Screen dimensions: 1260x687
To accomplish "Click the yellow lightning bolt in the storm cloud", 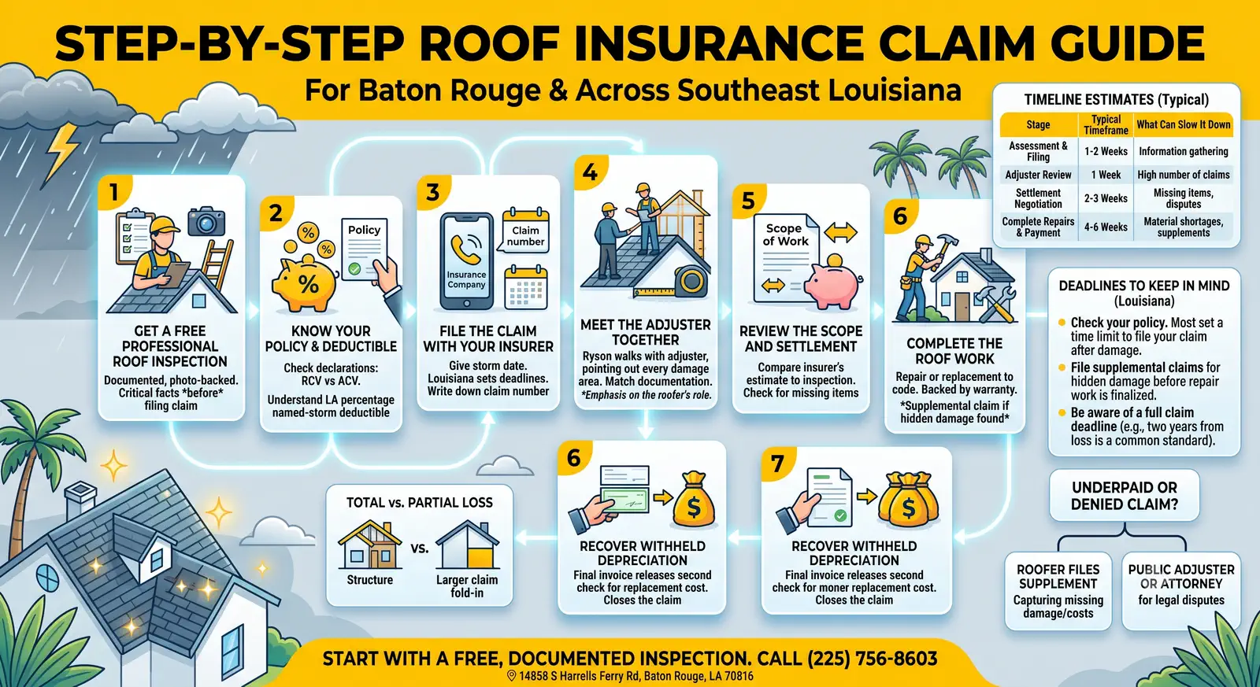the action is (62, 150).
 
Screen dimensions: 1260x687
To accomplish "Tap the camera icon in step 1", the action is (206, 221).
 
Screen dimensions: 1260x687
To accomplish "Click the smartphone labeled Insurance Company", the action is (466, 260).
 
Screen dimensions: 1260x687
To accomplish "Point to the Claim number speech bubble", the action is (524, 231).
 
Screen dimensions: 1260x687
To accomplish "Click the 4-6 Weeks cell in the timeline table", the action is (1106, 227).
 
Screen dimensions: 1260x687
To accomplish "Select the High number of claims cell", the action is (1184, 175).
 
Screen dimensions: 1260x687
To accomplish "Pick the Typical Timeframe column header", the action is (1106, 125).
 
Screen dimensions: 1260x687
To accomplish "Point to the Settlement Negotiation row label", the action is (1039, 198).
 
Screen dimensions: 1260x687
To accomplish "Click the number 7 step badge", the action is (776, 464).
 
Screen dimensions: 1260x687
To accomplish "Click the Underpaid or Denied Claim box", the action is (1124, 495).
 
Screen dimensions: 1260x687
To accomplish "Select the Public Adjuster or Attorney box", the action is (1181, 590).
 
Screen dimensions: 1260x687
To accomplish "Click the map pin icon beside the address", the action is (511, 675).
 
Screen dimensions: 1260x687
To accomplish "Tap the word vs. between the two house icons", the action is (419, 548).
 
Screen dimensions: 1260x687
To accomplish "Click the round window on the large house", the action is (47, 578).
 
